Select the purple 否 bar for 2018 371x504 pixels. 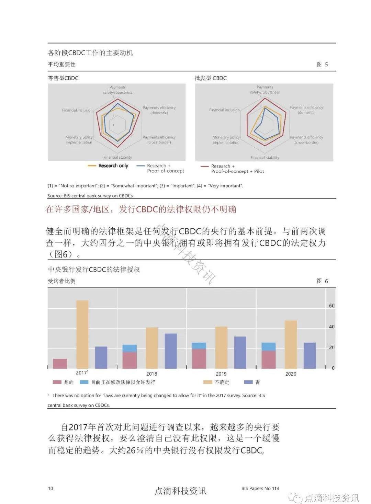(x=171, y=351)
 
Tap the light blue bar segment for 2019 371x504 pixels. (x=199, y=345)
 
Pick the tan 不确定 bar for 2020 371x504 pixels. (x=291, y=344)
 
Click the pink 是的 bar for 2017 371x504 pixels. (x=60, y=364)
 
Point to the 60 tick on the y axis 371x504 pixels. (x=331, y=306)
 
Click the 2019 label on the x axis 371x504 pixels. (x=221, y=374)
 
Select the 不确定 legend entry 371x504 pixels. (x=216, y=382)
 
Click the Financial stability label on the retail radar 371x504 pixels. (x=117, y=157)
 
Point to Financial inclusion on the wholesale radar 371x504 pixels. (x=224, y=110)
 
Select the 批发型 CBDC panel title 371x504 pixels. (x=211, y=78)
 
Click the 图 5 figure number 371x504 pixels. (x=322, y=64)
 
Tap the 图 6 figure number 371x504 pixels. (x=322, y=281)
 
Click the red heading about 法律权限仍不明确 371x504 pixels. (x=141, y=209)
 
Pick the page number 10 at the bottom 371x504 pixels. (x=50, y=488)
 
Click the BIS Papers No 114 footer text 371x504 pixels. (x=260, y=488)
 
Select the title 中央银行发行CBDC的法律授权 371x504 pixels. (x=94, y=270)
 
